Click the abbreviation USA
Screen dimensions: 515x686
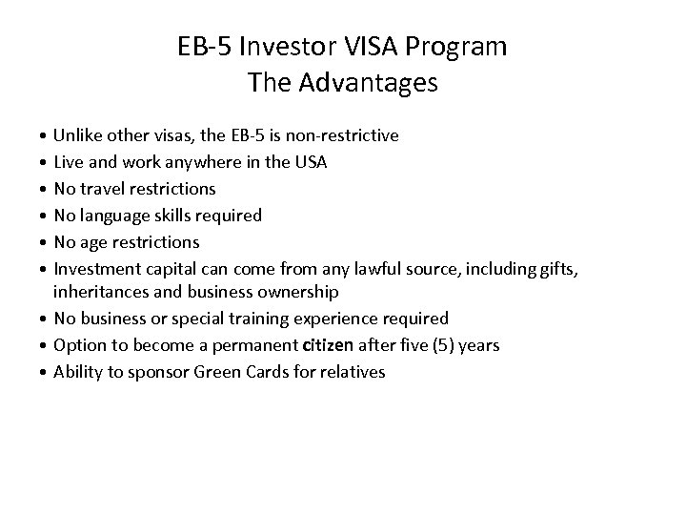[310, 162]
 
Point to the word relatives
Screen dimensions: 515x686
[352, 371]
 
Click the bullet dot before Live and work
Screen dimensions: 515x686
[46, 163]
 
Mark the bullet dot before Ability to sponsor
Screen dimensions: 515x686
[46, 372]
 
